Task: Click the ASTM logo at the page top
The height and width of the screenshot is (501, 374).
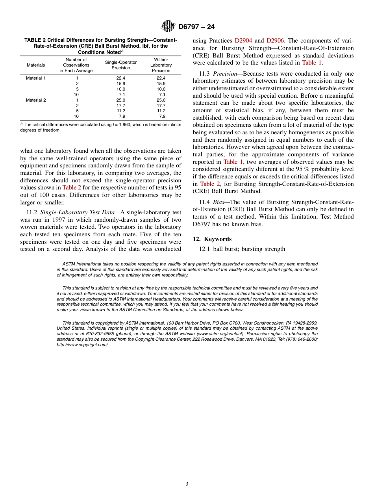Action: (168, 26)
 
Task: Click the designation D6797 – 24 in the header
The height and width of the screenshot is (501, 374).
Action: (196, 27)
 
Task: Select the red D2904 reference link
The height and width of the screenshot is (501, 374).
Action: (243, 41)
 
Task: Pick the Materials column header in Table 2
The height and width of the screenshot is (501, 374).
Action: (36, 65)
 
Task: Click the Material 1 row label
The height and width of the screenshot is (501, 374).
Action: (36, 78)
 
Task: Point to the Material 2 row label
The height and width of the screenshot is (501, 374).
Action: (36, 100)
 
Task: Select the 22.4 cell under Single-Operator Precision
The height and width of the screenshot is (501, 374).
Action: (120, 78)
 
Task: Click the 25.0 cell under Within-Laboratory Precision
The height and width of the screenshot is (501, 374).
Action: (161, 100)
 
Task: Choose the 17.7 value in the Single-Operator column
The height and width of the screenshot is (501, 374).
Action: (120, 106)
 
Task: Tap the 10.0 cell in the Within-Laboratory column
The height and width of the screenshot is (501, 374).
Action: (161, 89)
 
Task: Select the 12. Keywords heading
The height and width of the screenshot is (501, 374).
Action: (212, 239)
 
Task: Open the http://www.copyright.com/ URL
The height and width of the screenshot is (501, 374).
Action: (82, 345)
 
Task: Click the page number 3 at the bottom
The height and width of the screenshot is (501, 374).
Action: (187, 484)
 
